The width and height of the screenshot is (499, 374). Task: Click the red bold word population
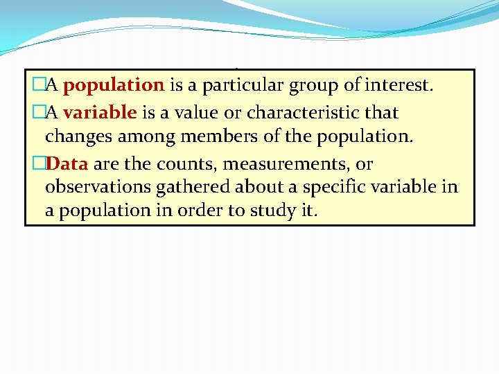click(114, 86)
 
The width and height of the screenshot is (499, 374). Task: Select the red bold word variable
click(99, 113)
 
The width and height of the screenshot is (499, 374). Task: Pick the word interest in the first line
click(398, 86)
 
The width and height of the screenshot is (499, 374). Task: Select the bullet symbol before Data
click(39, 165)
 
